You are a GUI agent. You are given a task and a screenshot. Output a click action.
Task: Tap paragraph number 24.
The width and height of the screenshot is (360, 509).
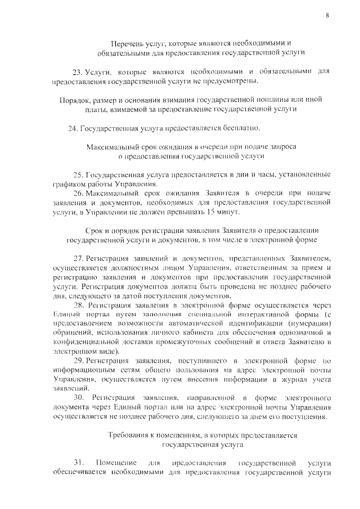coord(72,128)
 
